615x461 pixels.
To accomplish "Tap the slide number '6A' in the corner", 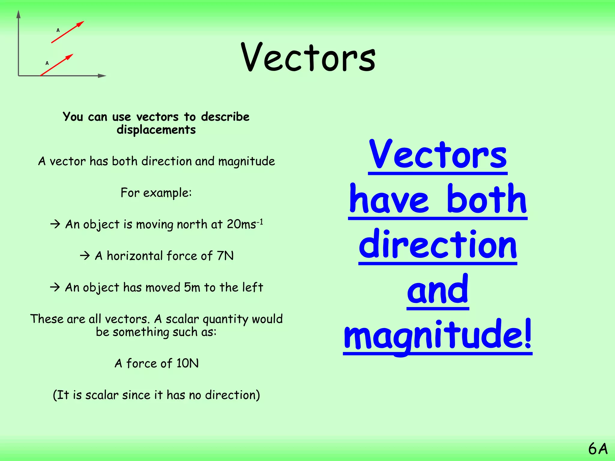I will [x=598, y=449].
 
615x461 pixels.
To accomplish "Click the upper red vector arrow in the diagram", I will [x=67, y=32].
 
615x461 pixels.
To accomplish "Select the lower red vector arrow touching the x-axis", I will [x=56, y=65].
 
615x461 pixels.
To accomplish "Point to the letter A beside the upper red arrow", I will [x=58, y=30].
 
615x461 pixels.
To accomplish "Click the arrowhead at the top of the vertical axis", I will [x=19, y=14].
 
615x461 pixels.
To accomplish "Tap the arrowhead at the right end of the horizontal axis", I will [x=102, y=76].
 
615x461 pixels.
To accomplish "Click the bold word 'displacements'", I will [x=156, y=130].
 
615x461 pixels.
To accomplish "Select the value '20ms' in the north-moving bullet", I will [x=241, y=224].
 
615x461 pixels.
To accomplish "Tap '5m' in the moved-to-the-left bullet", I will [x=192, y=288].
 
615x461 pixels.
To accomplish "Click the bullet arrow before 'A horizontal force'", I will [x=85, y=256].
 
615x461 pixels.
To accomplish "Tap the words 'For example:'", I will [x=156, y=193].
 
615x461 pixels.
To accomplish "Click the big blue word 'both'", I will [x=486, y=200].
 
